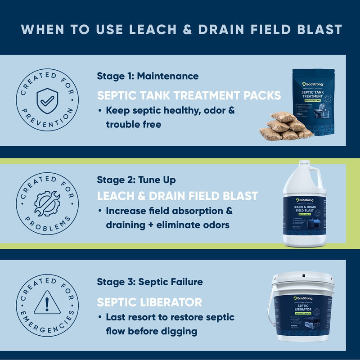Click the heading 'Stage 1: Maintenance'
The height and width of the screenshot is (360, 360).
148,76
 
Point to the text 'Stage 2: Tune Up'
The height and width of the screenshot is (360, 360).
136,180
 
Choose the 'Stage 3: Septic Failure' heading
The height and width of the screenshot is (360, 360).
150,282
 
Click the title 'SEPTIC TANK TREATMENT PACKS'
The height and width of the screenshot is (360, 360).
189,95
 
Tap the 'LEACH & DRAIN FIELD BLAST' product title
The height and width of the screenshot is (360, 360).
177,196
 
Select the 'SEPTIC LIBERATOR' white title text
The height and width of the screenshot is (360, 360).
149,301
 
